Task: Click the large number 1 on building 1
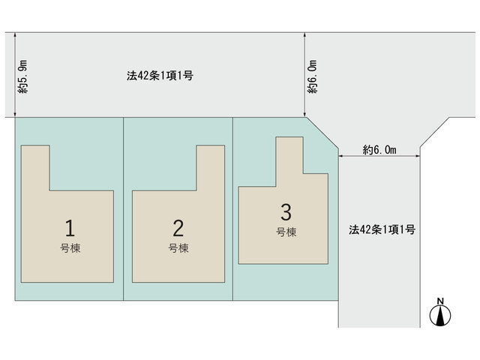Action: point(70,228)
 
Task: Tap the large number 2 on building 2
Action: point(178,228)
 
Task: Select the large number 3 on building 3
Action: point(286,211)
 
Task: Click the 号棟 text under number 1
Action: point(70,248)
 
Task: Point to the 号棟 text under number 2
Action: point(178,248)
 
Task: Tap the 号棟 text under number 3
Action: point(286,232)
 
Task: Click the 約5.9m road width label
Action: point(22,76)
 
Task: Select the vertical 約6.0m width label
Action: point(313,76)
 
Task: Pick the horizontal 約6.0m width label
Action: point(379,150)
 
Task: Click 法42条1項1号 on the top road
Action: point(160,76)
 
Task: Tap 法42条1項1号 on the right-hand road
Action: point(382,229)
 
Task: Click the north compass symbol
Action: point(440,316)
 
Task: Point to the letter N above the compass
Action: point(440,301)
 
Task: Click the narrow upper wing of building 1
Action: point(35,168)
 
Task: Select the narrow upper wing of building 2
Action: point(211,168)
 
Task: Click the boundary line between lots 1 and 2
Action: point(123,208)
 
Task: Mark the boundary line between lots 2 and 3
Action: point(233,208)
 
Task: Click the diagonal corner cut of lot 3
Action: point(322,133)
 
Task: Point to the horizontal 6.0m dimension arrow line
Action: point(379,157)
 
